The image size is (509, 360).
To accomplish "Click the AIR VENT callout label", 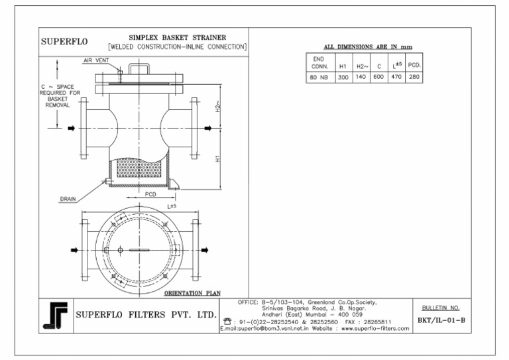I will pos(96,60).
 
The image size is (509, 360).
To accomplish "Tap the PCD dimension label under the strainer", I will pos(150,194).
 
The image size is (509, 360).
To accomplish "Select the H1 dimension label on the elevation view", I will pos(217,159).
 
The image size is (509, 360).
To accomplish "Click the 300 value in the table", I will pos(343,77).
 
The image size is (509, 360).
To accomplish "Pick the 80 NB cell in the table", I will pos(318,77).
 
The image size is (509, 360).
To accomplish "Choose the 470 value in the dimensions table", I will pos(397,77).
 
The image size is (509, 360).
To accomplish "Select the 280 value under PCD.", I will pos(415,77).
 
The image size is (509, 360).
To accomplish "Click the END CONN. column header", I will pos(318,63).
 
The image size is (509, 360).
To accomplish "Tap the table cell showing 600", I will pos(378,77).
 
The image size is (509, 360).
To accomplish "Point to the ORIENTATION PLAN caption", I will pos(192,292).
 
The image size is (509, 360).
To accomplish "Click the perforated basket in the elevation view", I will pos(140,169).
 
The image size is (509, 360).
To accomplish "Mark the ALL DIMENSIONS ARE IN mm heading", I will pos(368,47).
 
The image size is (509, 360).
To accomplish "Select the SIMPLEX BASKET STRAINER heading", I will pos(177,37).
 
